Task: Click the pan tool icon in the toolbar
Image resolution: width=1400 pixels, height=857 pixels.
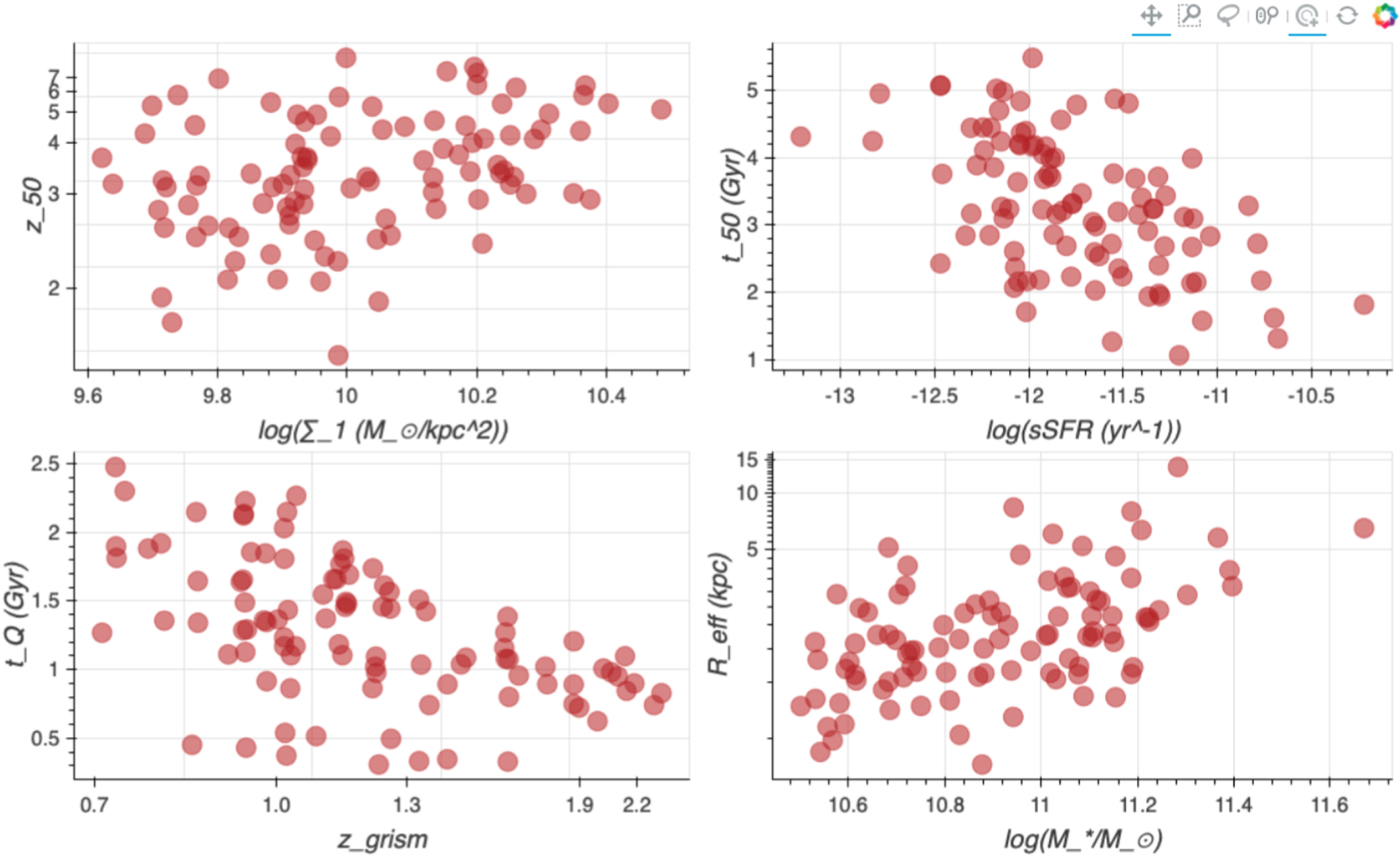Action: pyautogui.click(x=1151, y=15)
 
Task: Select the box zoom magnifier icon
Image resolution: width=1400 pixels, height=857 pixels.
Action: pyautogui.click(x=1190, y=15)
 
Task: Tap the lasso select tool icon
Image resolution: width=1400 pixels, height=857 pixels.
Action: pyautogui.click(x=1227, y=15)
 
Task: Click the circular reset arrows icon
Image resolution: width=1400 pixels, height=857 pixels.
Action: pyautogui.click(x=1347, y=15)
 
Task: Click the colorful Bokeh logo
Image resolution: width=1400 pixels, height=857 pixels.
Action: pyautogui.click(x=1385, y=15)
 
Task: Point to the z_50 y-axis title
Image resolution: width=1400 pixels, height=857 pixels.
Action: pyautogui.click(x=34, y=205)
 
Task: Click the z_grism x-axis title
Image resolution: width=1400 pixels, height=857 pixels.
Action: pyautogui.click(x=382, y=840)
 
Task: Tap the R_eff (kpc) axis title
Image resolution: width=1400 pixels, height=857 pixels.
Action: pyautogui.click(x=718, y=614)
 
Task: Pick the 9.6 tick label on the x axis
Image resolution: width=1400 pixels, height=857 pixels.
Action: pyautogui.click(x=88, y=396)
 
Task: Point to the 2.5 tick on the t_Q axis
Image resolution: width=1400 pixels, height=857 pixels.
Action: pyautogui.click(x=45, y=464)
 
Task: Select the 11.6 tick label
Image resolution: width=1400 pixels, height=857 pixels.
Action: pyautogui.click(x=1330, y=805)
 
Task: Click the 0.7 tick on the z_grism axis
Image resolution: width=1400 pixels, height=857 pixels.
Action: pyautogui.click(x=94, y=805)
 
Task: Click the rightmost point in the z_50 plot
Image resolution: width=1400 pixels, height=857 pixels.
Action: pyautogui.click(x=661, y=109)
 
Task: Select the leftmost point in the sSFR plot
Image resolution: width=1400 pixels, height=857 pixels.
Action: pyautogui.click(x=800, y=137)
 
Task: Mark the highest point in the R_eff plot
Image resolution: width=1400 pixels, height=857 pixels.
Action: pyautogui.click(x=1177, y=467)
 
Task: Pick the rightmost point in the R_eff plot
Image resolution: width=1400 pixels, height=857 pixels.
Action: pyautogui.click(x=1363, y=528)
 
